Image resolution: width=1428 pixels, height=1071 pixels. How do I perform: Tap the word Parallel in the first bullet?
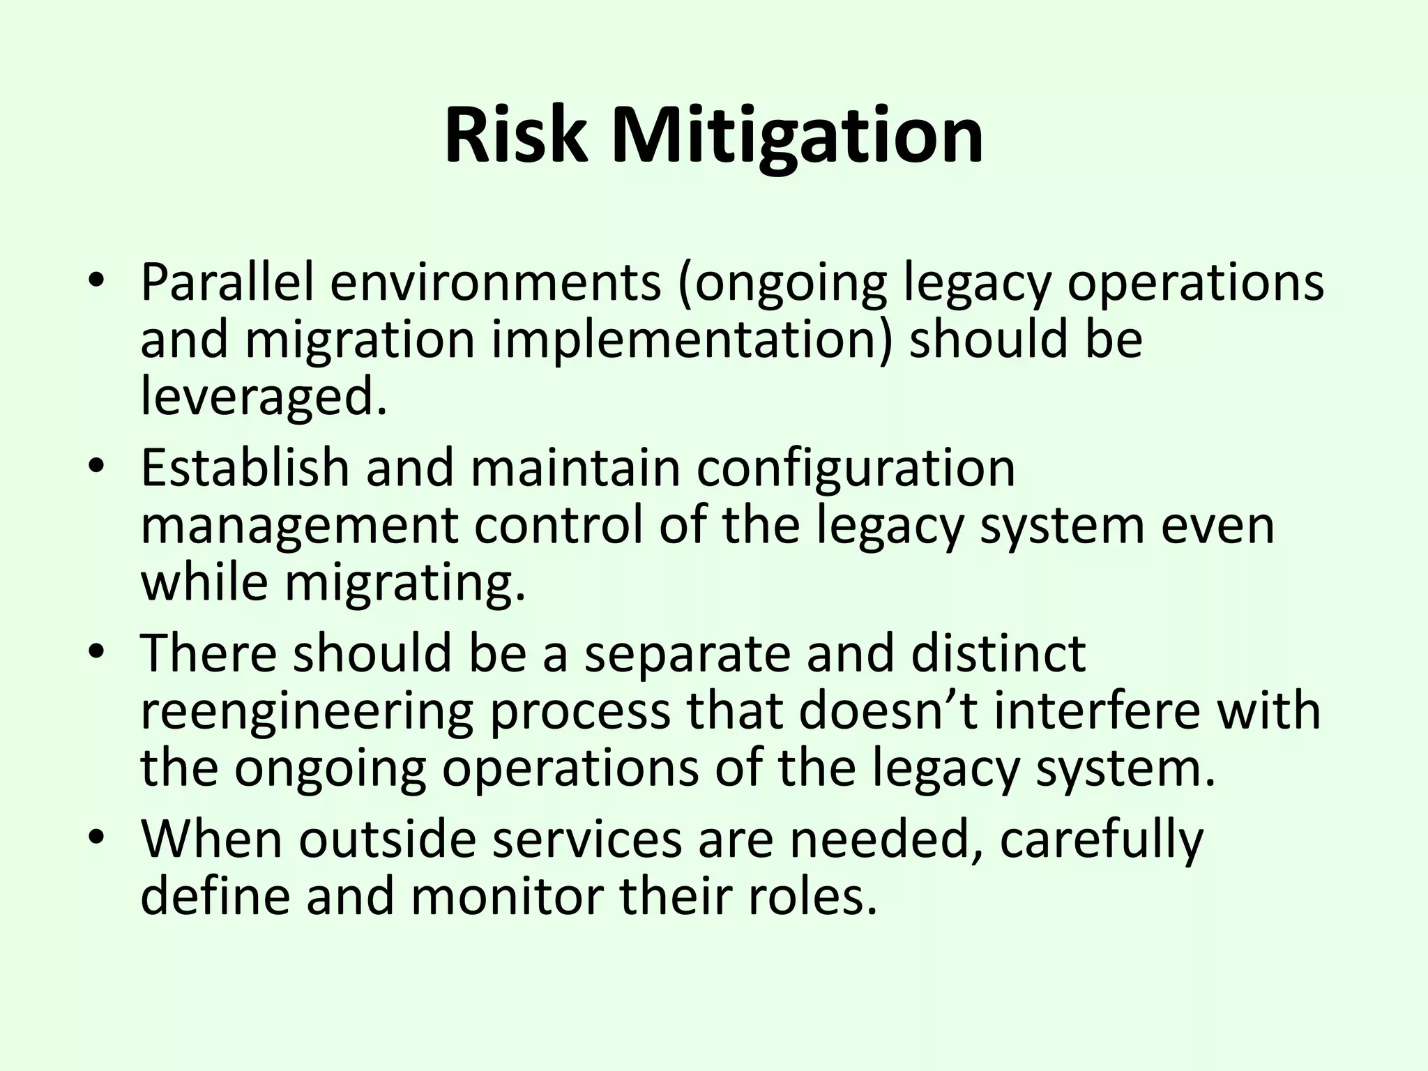pyautogui.click(x=227, y=282)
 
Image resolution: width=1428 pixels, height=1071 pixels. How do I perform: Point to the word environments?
pyautogui.click(x=495, y=282)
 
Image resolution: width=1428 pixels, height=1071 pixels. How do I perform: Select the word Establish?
pyautogui.click(x=245, y=468)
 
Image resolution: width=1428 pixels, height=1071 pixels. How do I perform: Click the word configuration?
pyautogui.click(x=856, y=468)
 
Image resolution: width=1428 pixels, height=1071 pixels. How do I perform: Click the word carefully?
pyautogui.click(x=1101, y=839)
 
